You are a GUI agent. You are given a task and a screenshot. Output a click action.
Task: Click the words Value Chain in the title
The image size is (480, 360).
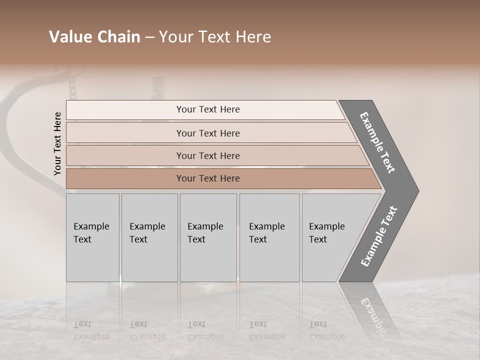click(94, 37)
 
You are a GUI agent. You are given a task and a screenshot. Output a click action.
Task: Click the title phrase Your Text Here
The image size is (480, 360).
click(215, 37)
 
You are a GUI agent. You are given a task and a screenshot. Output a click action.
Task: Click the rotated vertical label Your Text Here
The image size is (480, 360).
click(58, 143)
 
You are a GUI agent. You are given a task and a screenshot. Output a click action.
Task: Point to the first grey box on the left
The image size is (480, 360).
click(92, 237)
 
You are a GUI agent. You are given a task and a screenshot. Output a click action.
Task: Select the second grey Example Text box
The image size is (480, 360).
click(149, 237)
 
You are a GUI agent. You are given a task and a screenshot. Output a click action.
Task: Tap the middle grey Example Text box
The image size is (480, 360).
click(208, 237)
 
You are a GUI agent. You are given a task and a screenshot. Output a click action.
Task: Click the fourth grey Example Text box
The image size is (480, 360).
click(269, 237)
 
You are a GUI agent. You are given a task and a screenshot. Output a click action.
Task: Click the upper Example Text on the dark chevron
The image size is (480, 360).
click(378, 142)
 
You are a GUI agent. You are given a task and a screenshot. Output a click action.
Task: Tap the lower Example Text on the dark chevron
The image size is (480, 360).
click(379, 236)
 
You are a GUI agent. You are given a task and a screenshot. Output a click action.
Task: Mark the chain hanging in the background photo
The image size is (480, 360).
click(73, 87)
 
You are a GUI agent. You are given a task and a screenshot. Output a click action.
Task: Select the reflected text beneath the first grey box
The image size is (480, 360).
click(91, 330)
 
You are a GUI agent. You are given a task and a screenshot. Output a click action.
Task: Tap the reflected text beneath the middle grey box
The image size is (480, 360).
click(205, 330)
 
